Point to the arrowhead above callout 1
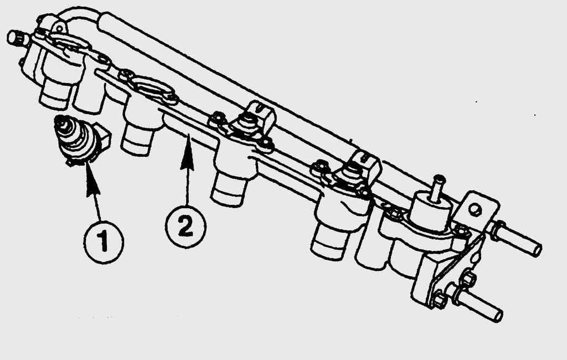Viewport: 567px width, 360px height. click(x=92, y=185)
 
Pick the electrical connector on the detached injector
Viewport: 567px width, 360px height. click(x=104, y=137)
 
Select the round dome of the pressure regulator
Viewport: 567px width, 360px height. click(x=432, y=210)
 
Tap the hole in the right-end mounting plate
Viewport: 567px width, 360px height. click(x=475, y=209)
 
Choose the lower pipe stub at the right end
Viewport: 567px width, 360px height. click(x=477, y=302)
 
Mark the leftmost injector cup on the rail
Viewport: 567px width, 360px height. click(x=56, y=95)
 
